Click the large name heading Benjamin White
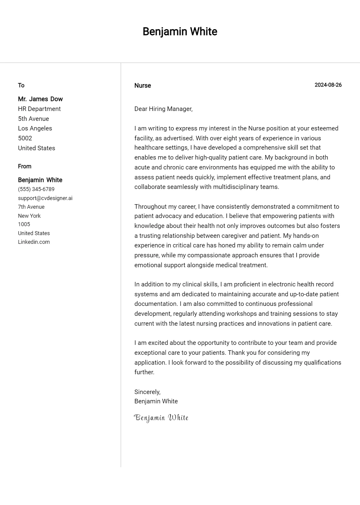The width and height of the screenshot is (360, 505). click(180, 31)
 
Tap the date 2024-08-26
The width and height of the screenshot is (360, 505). click(328, 85)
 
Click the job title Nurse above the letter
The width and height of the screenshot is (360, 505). click(142, 85)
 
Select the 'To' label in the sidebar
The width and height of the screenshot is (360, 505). click(21, 85)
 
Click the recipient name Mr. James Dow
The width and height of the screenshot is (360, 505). click(40, 99)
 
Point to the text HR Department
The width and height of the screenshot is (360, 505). click(39, 109)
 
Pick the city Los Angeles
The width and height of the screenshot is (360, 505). click(35, 128)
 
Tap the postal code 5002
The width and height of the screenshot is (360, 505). click(25, 138)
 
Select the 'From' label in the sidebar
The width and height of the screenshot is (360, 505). click(25, 166)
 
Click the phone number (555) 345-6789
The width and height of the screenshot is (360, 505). click(36, 189)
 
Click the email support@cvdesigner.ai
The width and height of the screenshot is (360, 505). click(45, 198)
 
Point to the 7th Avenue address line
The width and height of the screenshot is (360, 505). click(31, 207)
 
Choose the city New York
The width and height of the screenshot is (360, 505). click(29, 216)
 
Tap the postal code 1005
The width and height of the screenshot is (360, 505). click(24, 224)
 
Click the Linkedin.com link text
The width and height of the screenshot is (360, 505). click(34, 242)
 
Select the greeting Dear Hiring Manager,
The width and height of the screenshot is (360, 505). click(163, 109)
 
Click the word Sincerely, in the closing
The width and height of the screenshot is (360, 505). click(147, 392)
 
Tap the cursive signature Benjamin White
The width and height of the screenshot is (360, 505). click(161, 418)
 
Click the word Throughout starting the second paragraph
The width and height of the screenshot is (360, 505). click(150, 206)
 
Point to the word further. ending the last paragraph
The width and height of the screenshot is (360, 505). click(144, 372)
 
